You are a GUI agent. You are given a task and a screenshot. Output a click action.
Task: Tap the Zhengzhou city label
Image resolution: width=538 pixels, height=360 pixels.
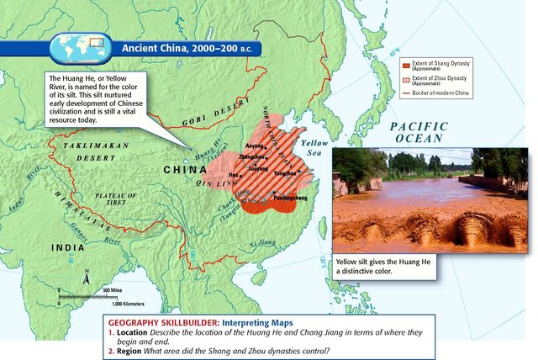252,156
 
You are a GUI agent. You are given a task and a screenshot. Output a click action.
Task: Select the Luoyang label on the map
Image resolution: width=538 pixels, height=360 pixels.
257,167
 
